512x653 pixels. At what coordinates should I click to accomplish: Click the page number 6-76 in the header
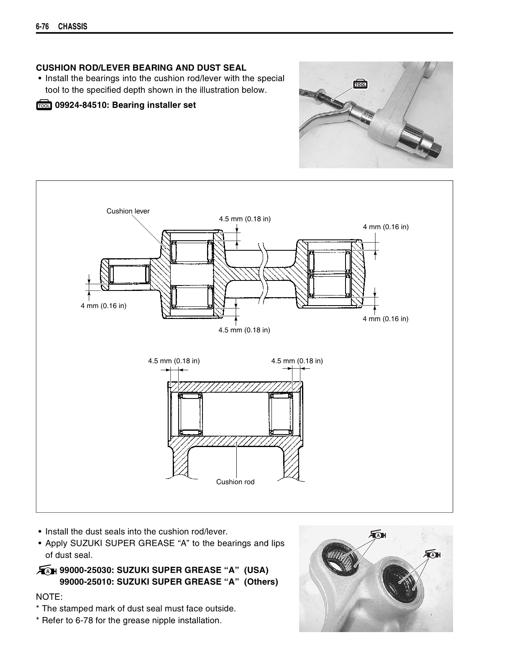(x=43, y=27)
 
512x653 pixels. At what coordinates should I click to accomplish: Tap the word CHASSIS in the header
(x=73, y=27)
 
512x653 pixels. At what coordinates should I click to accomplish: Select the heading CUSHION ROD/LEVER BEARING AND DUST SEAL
(x=141, y=68)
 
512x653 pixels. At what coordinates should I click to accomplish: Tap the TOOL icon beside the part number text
(x=44, y=105)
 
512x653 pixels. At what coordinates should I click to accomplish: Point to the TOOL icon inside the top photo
(x=360, y=84)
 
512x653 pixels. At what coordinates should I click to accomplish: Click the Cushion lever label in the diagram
(x=128, y=211)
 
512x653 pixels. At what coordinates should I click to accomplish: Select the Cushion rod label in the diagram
(x=235, y=482)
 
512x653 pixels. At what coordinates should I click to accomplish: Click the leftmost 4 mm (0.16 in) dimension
(x=103, y=306)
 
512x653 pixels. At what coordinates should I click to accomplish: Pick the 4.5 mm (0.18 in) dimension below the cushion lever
(x=244, y=330)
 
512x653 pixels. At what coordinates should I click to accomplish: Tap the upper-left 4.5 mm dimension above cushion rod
(x=174, y=361)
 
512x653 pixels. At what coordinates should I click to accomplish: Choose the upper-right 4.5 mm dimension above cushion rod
(x=297, y=361)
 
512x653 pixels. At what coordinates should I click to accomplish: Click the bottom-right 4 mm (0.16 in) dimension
(x=385, y=319)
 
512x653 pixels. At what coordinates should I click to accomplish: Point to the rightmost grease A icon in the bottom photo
(x=434, y=555)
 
